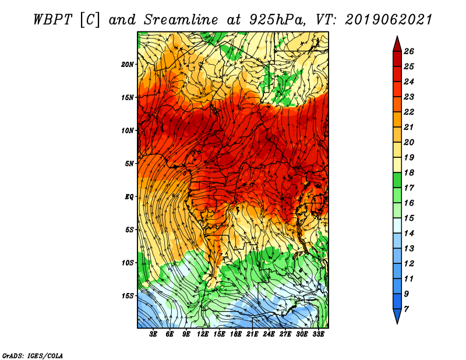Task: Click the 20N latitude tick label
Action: point(128,65)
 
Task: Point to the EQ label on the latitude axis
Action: point(129,197)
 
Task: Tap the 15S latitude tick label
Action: point(128,296)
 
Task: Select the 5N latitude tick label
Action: point(129,164)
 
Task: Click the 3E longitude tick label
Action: point(153,334)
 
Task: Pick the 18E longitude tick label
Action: point(236,334)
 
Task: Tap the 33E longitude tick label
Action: point(318,334)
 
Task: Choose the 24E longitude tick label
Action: point(269,334)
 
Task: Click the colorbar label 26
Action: point(409,51)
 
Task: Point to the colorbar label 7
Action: point(406,309)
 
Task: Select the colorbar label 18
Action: point(409,172)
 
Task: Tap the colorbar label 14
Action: point(409,234)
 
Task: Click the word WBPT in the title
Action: point(52,20)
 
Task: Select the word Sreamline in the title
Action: point(181,20)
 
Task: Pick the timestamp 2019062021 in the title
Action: point(389,20)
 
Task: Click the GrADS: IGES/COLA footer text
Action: point(33,356)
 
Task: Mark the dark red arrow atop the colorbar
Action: point(397,45)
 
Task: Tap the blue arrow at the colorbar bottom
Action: point(397,315)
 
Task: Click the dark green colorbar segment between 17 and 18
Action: point(397,180)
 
